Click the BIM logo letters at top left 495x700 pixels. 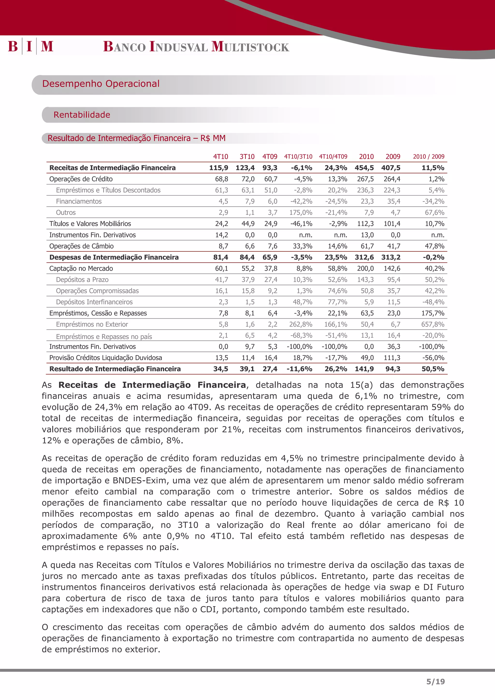pyautogui.click(x=30, y=46)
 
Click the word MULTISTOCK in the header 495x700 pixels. pyautogui.click(x=250, y=47)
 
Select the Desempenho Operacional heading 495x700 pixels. pyautogui.click(x=101, y=84)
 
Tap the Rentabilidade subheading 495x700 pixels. pyautogui.click(x=82, y=115)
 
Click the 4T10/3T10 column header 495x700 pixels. pyautogui.click(x=298, y=157)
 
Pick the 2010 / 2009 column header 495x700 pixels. pyautogui.click(x=429, y=157)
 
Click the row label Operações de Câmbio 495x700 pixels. pyautogui.click(x=81, y=246)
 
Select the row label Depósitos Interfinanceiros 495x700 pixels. pyautogui.click(x=94, y=302)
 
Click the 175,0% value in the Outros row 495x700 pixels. pyautogui.click(x=301, y=213)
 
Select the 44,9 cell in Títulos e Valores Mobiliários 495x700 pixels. pyautogui.click(x=248, y=224)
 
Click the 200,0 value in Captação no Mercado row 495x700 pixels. pyautogui.click(x=365, y=269)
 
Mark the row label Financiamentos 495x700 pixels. pyautogui.click(x=79, y=201)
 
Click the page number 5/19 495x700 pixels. pyautogui.click(x=435, y=681)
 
